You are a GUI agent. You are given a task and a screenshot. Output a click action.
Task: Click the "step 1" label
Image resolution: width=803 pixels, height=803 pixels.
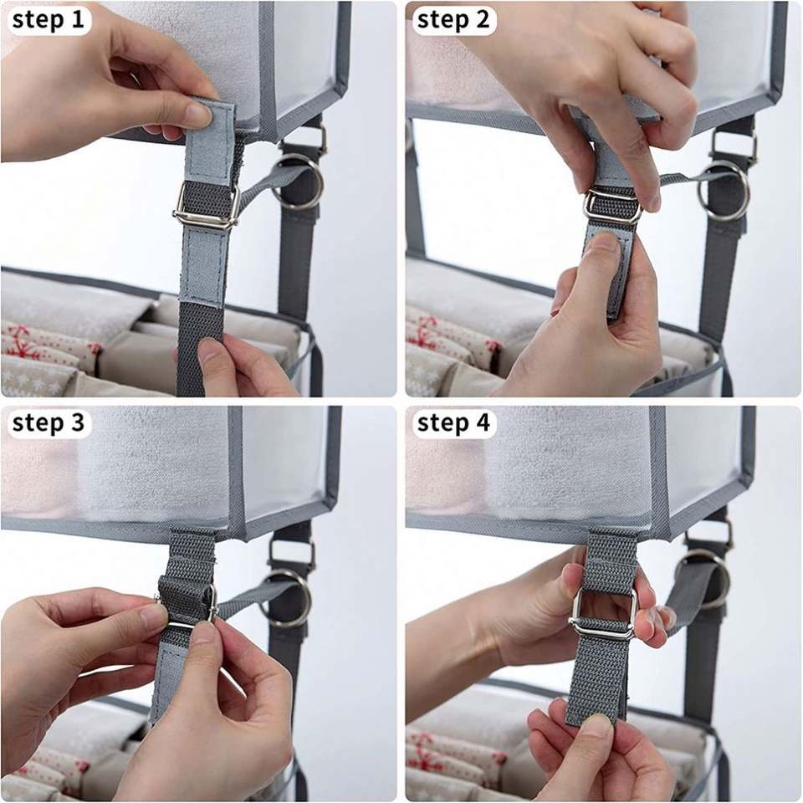coord(48,20)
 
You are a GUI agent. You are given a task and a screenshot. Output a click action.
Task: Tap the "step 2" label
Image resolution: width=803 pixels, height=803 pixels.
coord(453,20)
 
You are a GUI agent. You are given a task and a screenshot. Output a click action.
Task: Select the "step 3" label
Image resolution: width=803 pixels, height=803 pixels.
coord(48,422)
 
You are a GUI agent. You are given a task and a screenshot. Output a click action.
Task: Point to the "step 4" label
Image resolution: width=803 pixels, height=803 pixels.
coord(453,422)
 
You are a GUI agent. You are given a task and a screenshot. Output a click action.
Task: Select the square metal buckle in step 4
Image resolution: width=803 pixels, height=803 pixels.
coord(603,612)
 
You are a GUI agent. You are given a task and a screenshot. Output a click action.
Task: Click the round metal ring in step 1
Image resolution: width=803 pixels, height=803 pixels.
coord(299,182)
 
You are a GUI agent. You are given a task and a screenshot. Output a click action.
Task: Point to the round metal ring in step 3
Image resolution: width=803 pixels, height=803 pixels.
coord(287,597)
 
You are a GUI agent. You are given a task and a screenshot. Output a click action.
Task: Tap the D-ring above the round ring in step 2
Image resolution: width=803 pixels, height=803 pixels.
coord(734,143)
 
